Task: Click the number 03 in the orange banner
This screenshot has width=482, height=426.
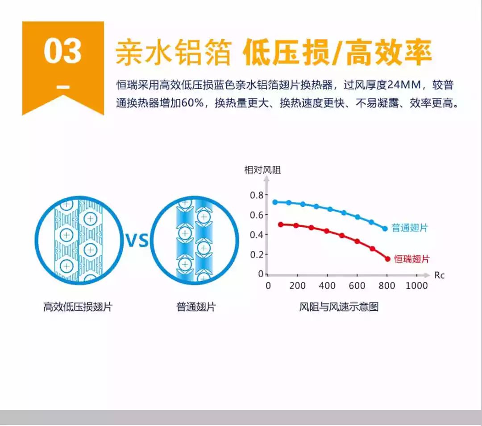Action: click(x=63, y=51)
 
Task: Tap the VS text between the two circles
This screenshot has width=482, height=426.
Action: click(x=137, y=240)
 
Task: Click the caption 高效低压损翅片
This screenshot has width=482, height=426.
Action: click(x=78, y=307)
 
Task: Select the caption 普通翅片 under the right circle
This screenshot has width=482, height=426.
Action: click(x=196, y=307)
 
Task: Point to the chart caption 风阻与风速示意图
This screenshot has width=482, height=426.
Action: click(x=339, y=307)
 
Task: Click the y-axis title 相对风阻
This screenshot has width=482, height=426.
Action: click(x=262, y=170)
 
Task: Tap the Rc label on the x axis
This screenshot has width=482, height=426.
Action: click(x=439, y=275)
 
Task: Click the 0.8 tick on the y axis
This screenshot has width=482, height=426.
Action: click(x=257, y=195)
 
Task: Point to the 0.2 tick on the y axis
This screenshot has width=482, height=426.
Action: click(x=257, y=254)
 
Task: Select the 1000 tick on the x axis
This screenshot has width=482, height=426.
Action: click(x=416, y=286)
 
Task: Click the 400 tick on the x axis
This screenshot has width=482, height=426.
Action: click(x=327, y=286)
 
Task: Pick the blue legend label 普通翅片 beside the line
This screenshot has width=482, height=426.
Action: click(x=409, y=228)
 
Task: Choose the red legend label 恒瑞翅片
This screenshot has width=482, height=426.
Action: click(x=411, y=259)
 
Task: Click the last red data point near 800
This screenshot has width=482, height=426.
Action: click(x=388, y=259)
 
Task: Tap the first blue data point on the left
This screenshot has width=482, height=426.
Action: click(x=275, y=202)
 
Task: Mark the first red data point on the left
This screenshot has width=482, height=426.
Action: click(x=281, y=225)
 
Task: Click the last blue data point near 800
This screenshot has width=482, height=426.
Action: click(x=385, y=229)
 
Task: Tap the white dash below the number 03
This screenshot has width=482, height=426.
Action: click(x=63, y=87)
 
